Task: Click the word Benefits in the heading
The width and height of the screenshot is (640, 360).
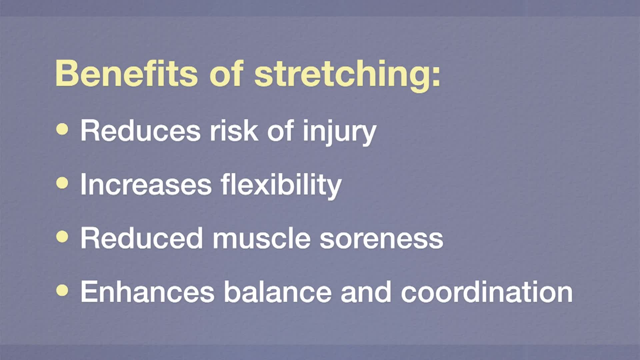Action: pyautogui.click(x=127, y=73)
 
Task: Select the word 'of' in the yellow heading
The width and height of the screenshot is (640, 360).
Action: pyautogui.click(x=226, y=73)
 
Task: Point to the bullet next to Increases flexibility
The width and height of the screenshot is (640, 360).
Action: pyautogui.click(x=62, y=183)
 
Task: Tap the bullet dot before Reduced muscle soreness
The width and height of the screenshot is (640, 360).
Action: pyautogui.click(x=62, y=237)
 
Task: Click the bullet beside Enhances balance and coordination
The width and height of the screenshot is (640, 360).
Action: pyautogui.click(x=62, y=290)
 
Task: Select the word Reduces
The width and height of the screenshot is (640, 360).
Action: pyautogui.click(x=140, y=130)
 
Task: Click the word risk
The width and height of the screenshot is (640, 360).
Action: pyautogui.click(x=234, y=130)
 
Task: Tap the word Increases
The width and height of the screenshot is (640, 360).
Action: pyautogui.click(x=146, y=184)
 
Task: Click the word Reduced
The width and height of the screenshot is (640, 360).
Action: pyautogui.click(x=142, y=238)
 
